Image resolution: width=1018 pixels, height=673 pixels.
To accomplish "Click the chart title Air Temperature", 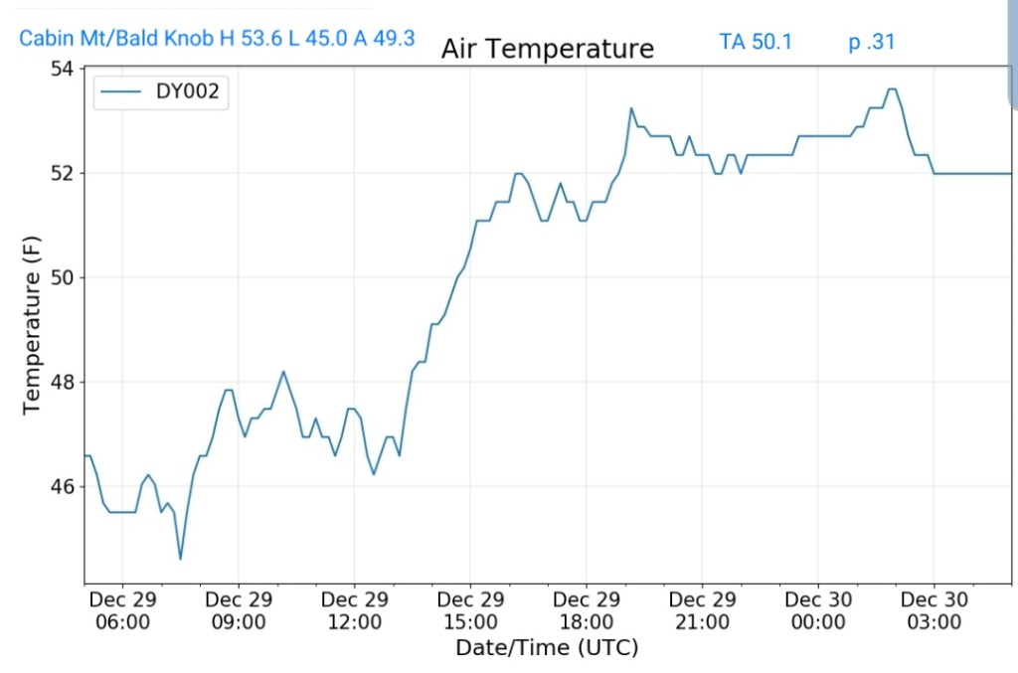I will [547, 49].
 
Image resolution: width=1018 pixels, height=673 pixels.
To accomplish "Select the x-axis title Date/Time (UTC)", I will [547, 648].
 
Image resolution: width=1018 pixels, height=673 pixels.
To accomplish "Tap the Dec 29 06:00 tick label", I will [122, 611].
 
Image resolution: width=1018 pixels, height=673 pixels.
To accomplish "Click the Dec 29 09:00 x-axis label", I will [239, 611].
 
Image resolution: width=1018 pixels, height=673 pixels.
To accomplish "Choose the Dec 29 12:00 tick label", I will [355, 611].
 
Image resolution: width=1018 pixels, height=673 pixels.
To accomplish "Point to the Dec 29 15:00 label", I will [470, 611].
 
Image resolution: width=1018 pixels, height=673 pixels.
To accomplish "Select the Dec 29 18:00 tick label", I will [587, 611].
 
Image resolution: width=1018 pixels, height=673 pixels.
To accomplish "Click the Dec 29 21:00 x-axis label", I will [702, 611].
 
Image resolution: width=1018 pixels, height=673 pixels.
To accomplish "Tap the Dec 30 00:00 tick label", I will [818, 611].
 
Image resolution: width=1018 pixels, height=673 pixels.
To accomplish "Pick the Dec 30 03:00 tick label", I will [934, 611].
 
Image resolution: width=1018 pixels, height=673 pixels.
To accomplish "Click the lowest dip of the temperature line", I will [180, 559].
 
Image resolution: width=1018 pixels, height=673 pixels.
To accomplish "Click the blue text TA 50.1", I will [756, 42].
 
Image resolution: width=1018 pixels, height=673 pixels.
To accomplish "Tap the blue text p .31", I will [872, 42].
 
